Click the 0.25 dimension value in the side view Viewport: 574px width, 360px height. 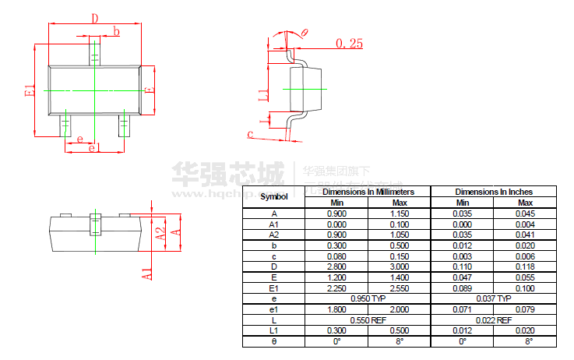350,44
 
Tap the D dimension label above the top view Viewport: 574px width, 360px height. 95,18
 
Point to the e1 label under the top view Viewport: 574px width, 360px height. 93,148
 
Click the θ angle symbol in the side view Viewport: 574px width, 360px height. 305,32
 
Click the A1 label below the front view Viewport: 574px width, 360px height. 147,273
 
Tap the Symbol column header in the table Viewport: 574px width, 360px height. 273,197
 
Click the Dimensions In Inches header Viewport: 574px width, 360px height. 494,192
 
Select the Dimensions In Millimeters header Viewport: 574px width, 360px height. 368,192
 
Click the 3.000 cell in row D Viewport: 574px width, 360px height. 399,266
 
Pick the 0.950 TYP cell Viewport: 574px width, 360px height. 368,298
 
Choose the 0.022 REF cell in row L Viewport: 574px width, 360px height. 494,320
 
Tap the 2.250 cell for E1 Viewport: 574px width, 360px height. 336,288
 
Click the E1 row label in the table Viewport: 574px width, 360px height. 273,288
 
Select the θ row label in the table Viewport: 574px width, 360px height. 273,341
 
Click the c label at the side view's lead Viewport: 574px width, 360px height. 250,135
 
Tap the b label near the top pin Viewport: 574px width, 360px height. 117,31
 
